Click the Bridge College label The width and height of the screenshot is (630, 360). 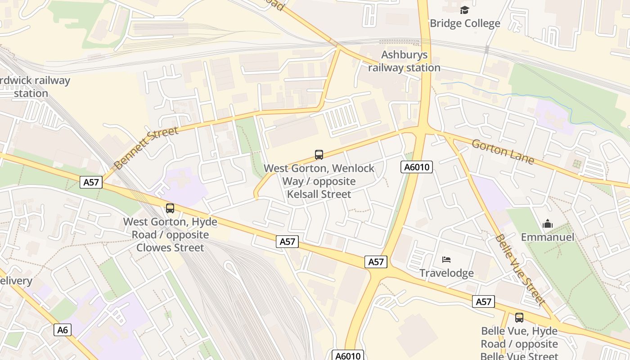pyautogui.click(x=465, y=23)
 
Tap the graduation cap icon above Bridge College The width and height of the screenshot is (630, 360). pyautogui.click(x=464, y=10)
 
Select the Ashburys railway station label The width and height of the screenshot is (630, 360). pyautogui.click(x=404, y=61)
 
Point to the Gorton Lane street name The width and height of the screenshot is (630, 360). pyautogui.click(x=503, y=152)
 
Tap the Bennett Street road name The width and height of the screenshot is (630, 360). pyautogui.click(x=146, y=148)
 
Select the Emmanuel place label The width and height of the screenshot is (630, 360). pyautogui.click(x=547, y=237)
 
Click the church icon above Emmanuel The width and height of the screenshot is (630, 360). pyautogui.click(x=547, y=224)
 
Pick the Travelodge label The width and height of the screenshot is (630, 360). pyautogui.click(x=446, y=273)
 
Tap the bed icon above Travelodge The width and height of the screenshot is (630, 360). pyautogui.click(x=446, y=260)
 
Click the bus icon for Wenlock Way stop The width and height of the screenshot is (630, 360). pyautogui.click(x=319, y=155)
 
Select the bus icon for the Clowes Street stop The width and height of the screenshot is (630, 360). pyautogui.click(x=170, y=208)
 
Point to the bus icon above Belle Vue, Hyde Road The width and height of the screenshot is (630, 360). pyautogui.click(x=519, y=318)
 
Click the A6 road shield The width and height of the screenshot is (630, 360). pyautogui.click(x=63, y=330)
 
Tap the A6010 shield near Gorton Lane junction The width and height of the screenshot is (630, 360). pyautogui.click(x=417, y=167)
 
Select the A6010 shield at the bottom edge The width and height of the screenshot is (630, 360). pyautogui.click(x=347, y=356)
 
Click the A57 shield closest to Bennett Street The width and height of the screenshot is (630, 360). pyautogui.click(x=91, y=182)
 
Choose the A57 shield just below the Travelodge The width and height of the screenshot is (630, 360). pyautogui.click(x=484, y=301)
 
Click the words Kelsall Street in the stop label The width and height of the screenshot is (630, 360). pyautogui.click(x=319, y=194)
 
